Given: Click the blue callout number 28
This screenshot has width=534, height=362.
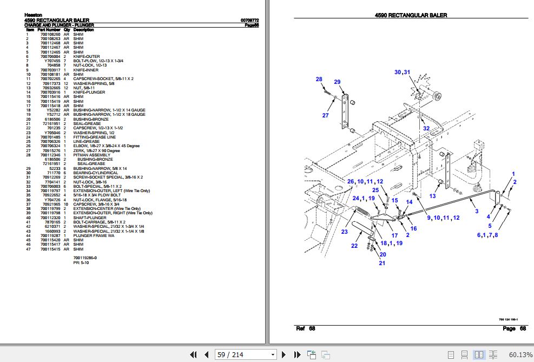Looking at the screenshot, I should [x=319, y=80].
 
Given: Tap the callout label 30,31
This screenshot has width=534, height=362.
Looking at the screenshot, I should [x=402, y=72].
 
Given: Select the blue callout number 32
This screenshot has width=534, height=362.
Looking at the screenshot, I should [x=426, y=128].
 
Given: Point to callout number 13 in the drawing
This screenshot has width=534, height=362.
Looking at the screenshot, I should [x=432, y=196].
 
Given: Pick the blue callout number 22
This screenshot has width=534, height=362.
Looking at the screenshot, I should [x=354, y=246].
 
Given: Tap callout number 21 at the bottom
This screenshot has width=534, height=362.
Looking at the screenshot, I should [x=382, y=263].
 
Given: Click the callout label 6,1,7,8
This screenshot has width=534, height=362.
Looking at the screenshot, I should [x=487, y=235].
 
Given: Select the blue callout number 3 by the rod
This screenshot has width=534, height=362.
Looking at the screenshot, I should [x=476, y=211].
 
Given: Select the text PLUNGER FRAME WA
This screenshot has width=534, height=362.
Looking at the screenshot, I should [x=90, y=236].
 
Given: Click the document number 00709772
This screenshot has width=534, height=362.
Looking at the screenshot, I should [x=249, y=20].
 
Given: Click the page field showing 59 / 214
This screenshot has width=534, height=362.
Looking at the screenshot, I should [x=245, y=354].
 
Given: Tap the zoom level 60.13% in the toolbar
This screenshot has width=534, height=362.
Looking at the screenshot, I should [x=520, y=354].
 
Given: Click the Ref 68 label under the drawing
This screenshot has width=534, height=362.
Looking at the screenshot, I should [x=305, y=328].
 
